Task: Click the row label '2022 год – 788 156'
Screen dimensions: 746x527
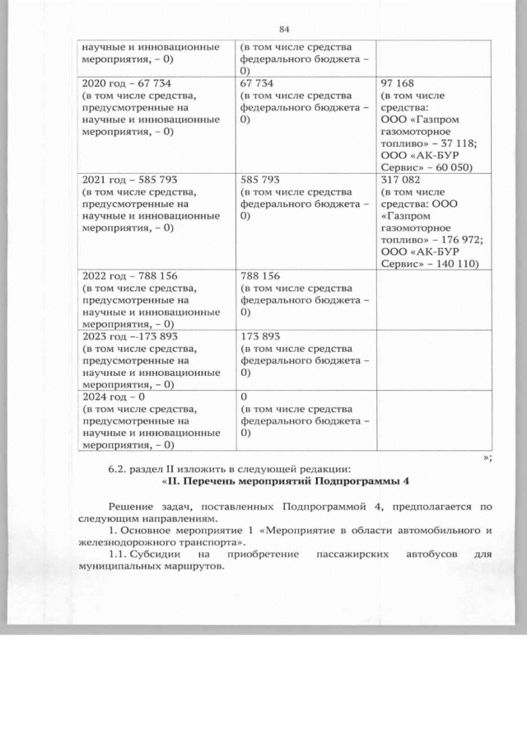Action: tap(130, 276)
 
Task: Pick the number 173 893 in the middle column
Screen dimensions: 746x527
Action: tap(259, 336)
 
